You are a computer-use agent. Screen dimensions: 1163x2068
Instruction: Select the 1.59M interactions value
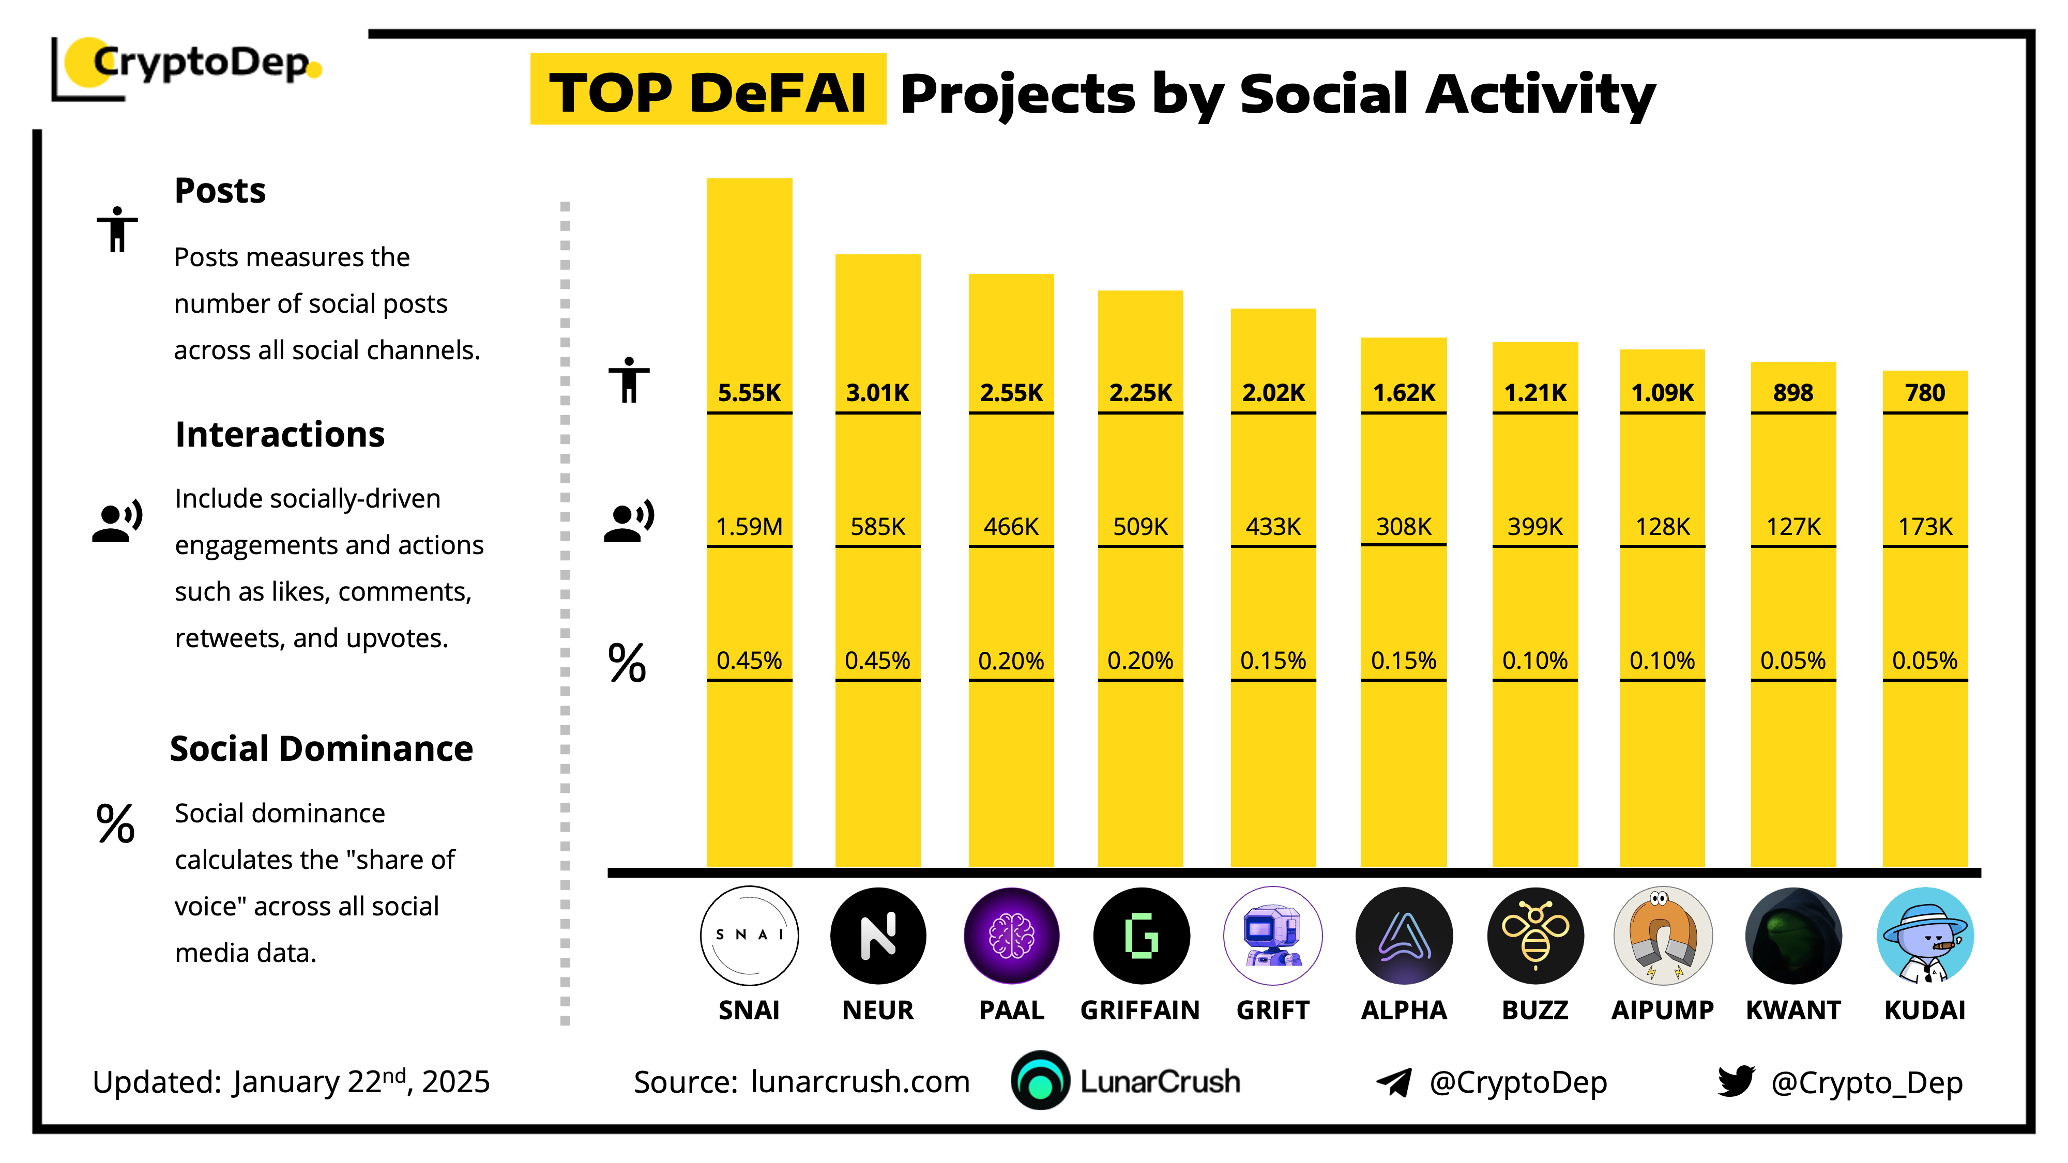tap(749, 527)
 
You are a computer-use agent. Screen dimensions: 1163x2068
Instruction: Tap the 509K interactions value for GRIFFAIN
tap(1140, 527)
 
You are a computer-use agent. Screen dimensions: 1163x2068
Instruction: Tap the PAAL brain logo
tap(1011, 936)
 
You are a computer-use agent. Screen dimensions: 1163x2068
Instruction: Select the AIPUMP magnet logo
tap(1663, 936)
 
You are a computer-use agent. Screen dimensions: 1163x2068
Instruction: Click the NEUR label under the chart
tap(877, 1009)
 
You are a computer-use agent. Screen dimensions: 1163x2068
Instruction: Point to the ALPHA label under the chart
tap(1403, 1009)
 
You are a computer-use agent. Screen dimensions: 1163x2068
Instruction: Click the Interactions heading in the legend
tap(279, 434)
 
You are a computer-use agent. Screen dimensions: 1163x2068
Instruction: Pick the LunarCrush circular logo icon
tap(1040, 1081)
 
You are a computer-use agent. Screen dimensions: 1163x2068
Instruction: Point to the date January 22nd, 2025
tap(361, 1082)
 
